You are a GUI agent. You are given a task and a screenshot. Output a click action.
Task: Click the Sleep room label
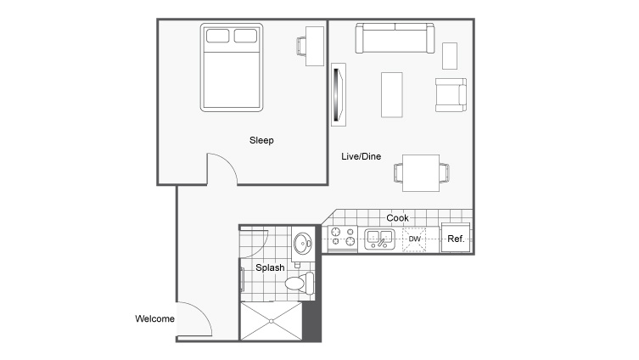coord(261,140)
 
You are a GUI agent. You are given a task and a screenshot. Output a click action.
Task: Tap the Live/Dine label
coord(360,156)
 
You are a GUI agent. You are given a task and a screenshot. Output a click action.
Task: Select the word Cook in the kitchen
coord(397,218)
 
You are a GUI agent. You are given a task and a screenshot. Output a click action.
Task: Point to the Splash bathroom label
coord(271,267)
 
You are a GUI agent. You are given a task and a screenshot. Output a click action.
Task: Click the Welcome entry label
coord(154,319)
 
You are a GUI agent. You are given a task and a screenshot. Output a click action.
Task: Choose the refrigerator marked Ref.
coord(456,239)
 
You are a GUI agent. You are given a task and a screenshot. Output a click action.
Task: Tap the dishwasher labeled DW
coord(415,239)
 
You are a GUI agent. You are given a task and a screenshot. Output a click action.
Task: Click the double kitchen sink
coord(378,239)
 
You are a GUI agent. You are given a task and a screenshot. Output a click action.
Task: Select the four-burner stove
coord(342,239)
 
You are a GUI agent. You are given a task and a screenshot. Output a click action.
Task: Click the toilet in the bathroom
coord(299,283)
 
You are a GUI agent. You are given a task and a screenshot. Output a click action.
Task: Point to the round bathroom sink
coord(303,246)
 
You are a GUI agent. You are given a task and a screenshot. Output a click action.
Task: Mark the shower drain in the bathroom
coord(271,321)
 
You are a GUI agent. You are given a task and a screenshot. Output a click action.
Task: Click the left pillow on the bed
coord(218,37)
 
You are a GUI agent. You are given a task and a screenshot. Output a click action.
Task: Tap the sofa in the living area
coord(395,38)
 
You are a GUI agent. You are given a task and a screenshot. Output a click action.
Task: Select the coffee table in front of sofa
coord(391,94)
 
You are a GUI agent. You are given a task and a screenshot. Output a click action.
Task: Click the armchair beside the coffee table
coord(450,94)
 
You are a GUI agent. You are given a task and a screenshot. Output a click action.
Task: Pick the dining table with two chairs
coord(420,172)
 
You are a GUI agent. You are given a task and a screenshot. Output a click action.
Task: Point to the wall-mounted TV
coord(339,94)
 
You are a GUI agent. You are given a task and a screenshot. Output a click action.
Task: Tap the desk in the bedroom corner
coord(312,42)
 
